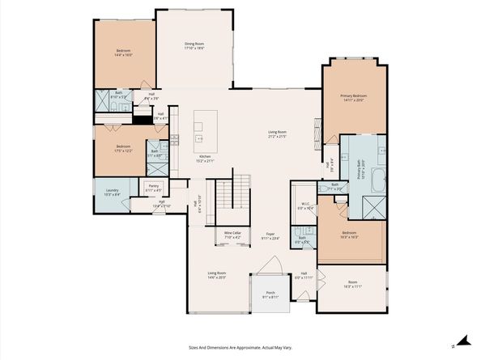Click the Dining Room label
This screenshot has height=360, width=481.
pos(194,45)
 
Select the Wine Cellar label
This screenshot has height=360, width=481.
pos(232,235)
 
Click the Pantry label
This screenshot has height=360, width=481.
pos(153,188)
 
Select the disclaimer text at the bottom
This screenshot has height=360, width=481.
pos(240,347)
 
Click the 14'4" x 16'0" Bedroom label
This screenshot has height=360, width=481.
pos(123,54)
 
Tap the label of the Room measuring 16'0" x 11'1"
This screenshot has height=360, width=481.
pos(351,285)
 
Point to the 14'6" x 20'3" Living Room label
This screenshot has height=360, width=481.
pos(216,275)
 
